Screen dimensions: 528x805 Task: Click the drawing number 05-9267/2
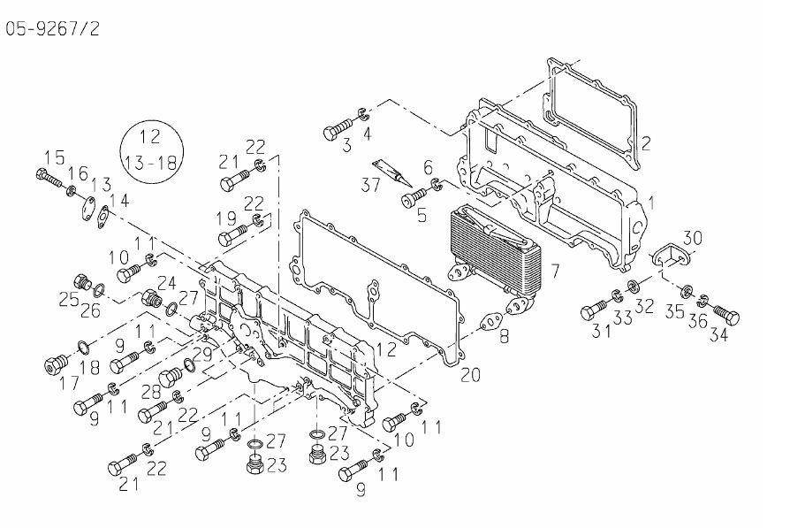tap(53, 28)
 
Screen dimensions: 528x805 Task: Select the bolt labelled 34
tap(725, 315)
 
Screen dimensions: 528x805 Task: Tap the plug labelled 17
tap(55, 363)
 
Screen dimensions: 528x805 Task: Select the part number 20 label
tap(470, 375)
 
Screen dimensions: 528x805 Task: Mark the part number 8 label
tap(504, 336)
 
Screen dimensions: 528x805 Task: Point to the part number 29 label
tap(201, 354)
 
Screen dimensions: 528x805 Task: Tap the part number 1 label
tap(651, 202)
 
